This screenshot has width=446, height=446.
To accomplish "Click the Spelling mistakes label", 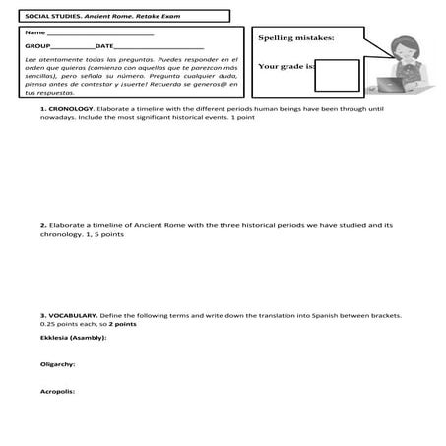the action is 295,37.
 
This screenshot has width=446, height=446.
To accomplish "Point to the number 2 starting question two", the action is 42,225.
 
